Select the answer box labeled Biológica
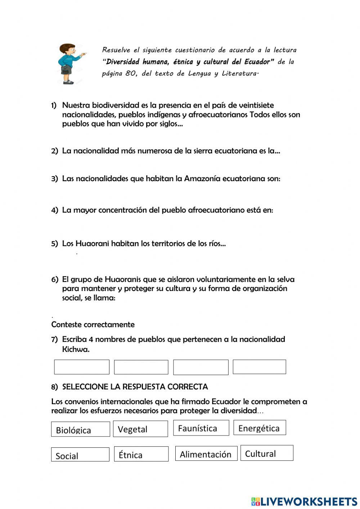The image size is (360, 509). click(80, 429)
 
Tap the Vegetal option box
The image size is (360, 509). click(140, 429)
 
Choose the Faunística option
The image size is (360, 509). click(201, 428)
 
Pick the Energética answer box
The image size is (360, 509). click(260, 428)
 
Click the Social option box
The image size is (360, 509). click(80, 455)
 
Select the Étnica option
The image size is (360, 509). click(141, 454)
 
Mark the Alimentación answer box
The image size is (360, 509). click(206, 453)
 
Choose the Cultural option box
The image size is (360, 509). click(267, 453)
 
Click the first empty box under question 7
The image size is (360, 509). click(82, 367)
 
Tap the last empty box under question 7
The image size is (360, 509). click(259, 367)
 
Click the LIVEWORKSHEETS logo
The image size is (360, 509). click(304, 501)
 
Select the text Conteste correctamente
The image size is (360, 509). click(93, 325)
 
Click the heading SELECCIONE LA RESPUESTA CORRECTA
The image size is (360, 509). click(135, 387)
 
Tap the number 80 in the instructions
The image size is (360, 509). click(131, 73)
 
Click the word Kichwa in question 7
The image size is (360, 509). click(76, 349)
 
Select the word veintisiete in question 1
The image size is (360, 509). click(252, 105)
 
